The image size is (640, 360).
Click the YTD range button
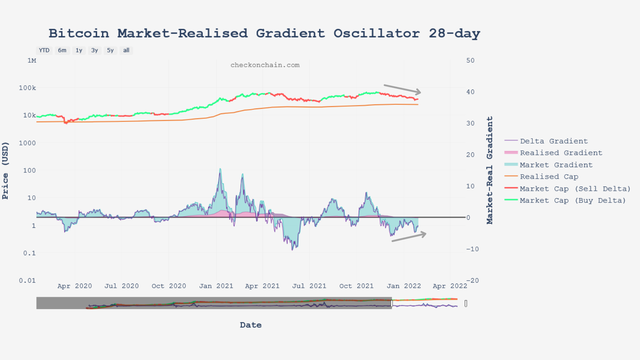44,50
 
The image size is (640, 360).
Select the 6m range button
62,50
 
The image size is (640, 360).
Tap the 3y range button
95,50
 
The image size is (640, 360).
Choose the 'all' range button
126,50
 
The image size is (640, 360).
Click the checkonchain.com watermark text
265,65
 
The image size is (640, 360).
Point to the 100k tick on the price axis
27,88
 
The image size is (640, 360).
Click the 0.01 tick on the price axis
27,280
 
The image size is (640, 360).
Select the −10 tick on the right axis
472,249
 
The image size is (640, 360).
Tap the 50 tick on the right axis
470,60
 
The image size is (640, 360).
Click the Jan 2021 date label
216,286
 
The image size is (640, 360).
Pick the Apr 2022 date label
450,286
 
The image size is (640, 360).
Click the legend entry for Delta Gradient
554,141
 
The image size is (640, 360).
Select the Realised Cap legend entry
549,177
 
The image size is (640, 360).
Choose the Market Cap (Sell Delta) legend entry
575,189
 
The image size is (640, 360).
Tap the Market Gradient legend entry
556,165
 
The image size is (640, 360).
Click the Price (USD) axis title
5,171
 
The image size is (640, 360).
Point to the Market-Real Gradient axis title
490,170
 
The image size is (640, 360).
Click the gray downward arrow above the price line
402,89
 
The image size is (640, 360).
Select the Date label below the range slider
251,325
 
